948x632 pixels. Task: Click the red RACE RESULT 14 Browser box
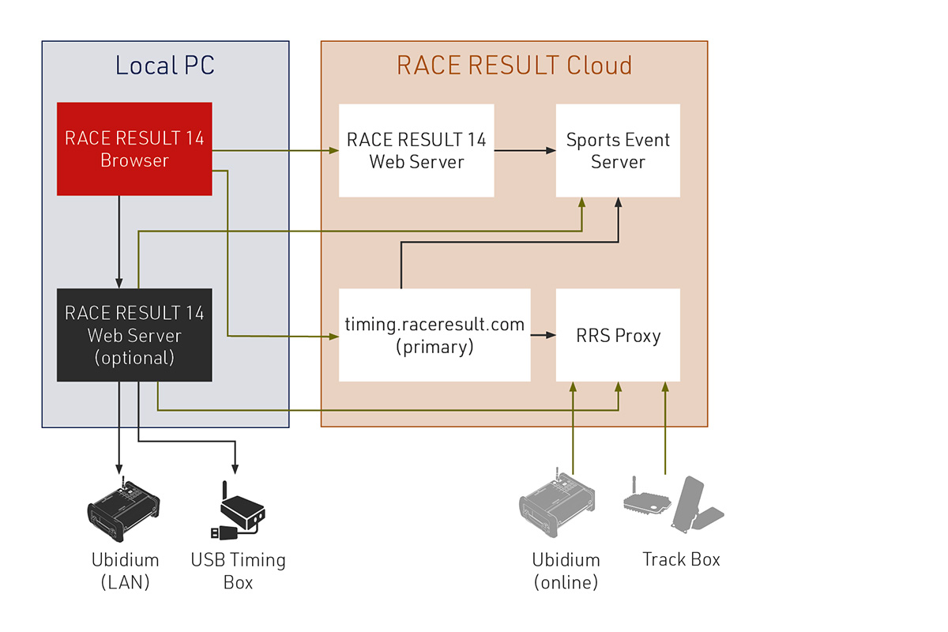point(134,149)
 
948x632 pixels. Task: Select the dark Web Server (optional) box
point(134,335)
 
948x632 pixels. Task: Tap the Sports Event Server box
point(618,150)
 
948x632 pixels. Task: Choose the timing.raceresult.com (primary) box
point(434,335)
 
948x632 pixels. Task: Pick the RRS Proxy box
point(618,335)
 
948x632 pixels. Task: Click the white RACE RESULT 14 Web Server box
point(416,150)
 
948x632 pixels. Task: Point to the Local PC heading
point(165,65)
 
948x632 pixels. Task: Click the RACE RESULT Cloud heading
point(514,65)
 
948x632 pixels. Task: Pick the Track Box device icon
point(674,504)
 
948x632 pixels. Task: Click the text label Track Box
point(681,559)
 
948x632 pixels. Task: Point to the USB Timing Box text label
point(238,571)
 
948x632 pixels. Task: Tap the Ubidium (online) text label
point(566,571)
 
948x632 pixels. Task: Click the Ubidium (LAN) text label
point(125,571)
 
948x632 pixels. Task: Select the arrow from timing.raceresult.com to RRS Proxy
point(543,335)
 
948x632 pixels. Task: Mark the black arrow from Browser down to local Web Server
point(118,241)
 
